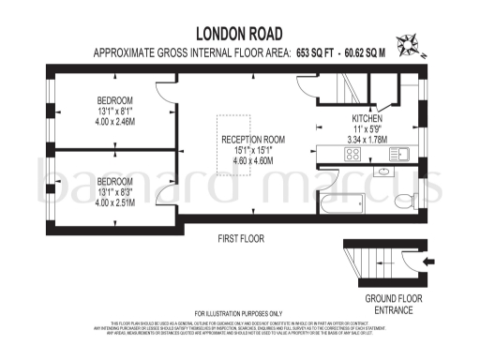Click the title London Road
click(240, 33)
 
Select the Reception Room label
click(253, 140)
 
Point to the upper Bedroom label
click(115, 100)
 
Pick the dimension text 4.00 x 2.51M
click(115, 202)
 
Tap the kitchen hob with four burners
click(335, 156)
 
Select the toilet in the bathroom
click(402, 201)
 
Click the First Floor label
click(240, 241)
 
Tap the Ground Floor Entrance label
click(386, 304)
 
